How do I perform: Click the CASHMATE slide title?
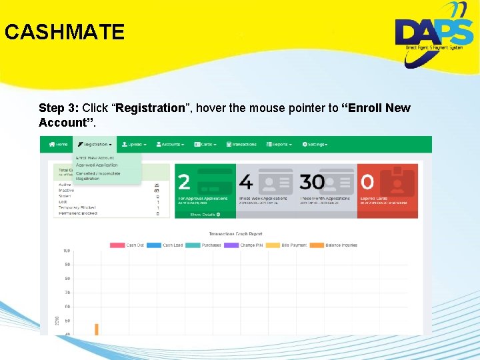pyautogui.click(x=64, y=32)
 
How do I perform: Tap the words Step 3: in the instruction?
pyautogui.click(x=60, y=108)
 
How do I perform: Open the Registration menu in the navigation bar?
pyautogui.click(x=94, y=144)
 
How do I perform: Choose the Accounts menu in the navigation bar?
pyautogui.click(x=171, y=144)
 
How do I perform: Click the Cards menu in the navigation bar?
pyautogui.click(x=207, y=144)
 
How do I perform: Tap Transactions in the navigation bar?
pyautogui.click(x=243, y=144)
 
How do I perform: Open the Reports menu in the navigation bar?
pyautogui.click(x=280, y=144)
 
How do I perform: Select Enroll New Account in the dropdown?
pyautogui.click(x=95, y=158)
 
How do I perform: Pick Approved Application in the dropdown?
pyautogui.click(x=97, y=165)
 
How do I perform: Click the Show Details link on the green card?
pyautogui.click(x=205, y=215)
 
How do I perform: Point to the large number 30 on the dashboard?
pyautogui.click(x=312, y=182)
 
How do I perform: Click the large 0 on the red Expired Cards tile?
pyautogui.click(x=367, y=182)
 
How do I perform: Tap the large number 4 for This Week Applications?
pyautogui.click(x=245, y=182)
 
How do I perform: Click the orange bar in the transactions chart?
pyautogui.click(x=97, y=329)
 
